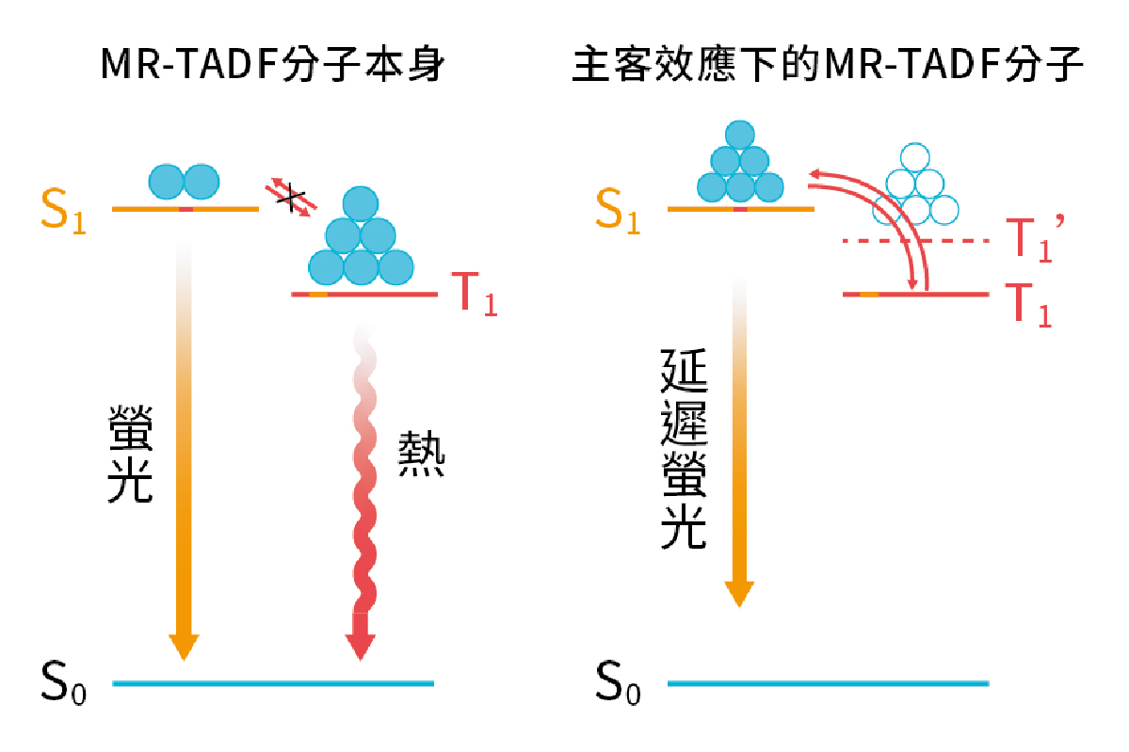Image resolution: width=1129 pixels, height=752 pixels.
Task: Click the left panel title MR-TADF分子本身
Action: pyautogui.click(x=271, y=67)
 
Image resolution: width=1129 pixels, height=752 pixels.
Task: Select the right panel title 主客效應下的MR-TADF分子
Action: pyautogui.click(x=829, y=67)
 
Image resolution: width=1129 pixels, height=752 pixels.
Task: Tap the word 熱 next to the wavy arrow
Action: pyautogui.click(x=421, y=455)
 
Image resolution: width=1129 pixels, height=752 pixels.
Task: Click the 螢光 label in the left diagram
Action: pyautogui.click(x=131, y=454)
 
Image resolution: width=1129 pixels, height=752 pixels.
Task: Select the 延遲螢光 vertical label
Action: pyautogui.click(x=685, y=449)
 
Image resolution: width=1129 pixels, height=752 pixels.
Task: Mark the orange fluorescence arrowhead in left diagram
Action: pyautogui.click(x=184, y=647)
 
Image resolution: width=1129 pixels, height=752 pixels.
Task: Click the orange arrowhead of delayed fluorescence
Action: pyautogui.click(x=739, y=593)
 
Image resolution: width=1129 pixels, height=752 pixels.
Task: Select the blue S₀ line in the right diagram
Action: pyautogui.click(x=829, y=682)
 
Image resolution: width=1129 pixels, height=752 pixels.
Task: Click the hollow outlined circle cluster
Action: pyautogui.click(x=914, y=185)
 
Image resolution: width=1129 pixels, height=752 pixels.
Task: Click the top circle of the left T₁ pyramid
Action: pyautogui.click(x=361, y=204)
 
